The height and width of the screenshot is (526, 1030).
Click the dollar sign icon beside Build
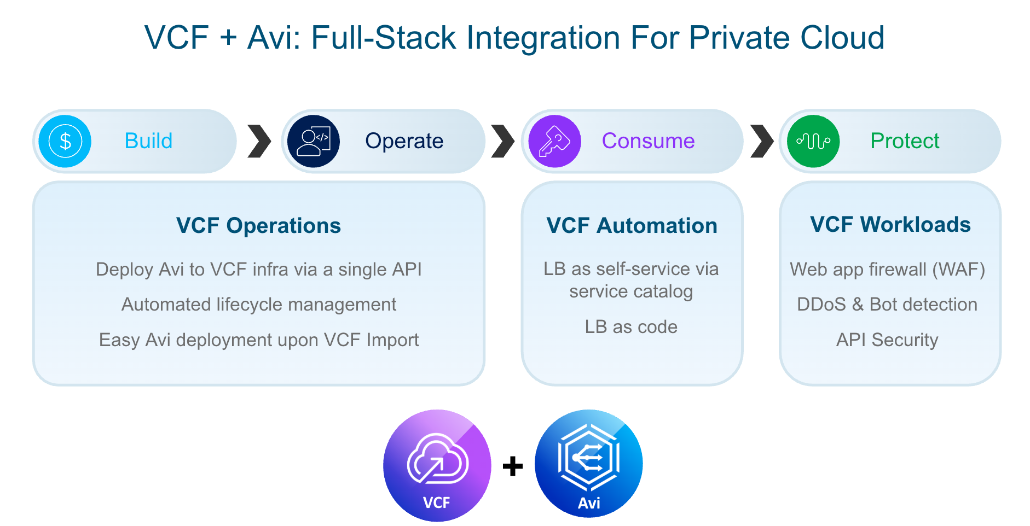[x=65, y=141]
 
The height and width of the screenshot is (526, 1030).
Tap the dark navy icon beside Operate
[x=314, y=141]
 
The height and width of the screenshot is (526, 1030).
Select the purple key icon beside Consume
[x=554, y=141]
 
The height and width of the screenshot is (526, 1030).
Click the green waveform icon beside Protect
[x=813, y=141]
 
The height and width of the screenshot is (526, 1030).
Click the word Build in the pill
[x=148, y=141]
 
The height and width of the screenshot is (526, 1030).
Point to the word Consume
[x=648, y=141]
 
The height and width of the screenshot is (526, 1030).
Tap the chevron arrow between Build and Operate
[x=259, y=141]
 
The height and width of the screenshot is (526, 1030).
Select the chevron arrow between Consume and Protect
[x=761, y=141]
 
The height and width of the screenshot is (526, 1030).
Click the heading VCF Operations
[x=258, y=226]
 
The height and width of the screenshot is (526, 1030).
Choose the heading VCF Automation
[x=632, y=226]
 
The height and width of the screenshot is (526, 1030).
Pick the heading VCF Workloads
[x=890, y=225]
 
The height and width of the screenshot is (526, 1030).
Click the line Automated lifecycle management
[x=258, y=305]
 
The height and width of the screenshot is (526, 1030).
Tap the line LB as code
[x=631, y=327]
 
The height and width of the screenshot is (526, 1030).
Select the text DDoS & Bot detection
[x=887, y=305]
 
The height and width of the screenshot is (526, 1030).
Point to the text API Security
[x=887, y=340]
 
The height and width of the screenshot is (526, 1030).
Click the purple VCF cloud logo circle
[x=437, y=465]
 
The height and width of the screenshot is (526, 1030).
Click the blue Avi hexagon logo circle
[x=588, y=464]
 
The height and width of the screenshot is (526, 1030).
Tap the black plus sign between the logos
[x=513, y=466]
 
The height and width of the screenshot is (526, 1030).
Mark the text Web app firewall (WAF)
[x=887, y=270]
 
